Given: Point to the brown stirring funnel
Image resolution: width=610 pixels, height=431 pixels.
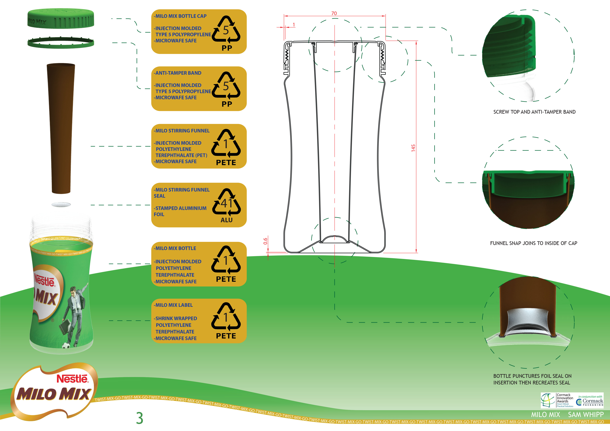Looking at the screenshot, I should click(x=61, y=127).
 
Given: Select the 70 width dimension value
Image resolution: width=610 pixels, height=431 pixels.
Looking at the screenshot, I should click(x=334, y=13).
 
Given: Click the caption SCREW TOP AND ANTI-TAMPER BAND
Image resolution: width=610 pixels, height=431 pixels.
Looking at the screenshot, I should click(x=534, y=112).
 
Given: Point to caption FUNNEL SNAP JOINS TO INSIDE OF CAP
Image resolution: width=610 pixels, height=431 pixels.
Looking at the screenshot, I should click(x=534, y=243).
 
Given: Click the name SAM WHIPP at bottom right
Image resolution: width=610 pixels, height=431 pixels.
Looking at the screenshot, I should click(x=586, y=415).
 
